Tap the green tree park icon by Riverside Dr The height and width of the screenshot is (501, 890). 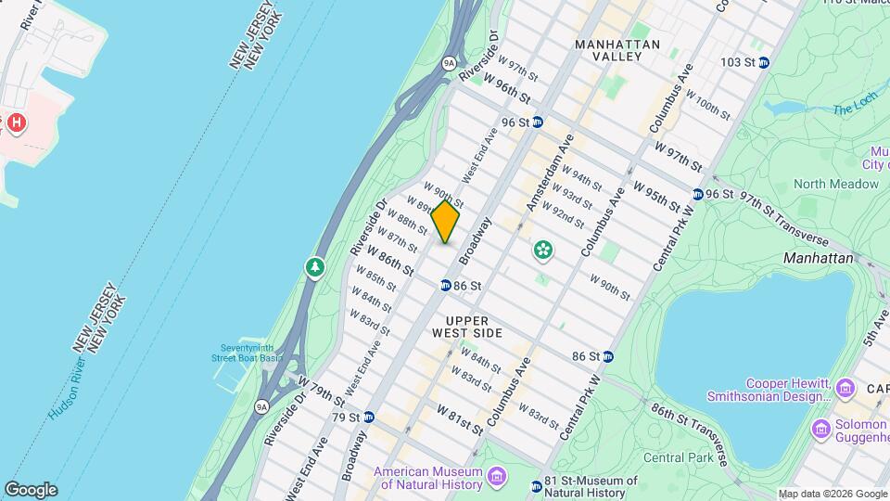315,268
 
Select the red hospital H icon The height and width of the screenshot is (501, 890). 15,122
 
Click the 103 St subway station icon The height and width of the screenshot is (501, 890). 763,62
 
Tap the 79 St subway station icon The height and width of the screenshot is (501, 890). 368,417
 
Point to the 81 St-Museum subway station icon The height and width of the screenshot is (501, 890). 537,486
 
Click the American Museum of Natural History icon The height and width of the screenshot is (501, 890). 498,477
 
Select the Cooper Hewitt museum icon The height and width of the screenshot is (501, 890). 845,388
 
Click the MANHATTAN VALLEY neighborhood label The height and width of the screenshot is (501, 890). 617,50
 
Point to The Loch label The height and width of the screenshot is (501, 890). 849,109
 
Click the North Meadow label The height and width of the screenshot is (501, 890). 835,184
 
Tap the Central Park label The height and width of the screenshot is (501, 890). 677,457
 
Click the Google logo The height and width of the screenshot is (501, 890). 31,490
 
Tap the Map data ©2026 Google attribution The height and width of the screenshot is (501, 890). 831,494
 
